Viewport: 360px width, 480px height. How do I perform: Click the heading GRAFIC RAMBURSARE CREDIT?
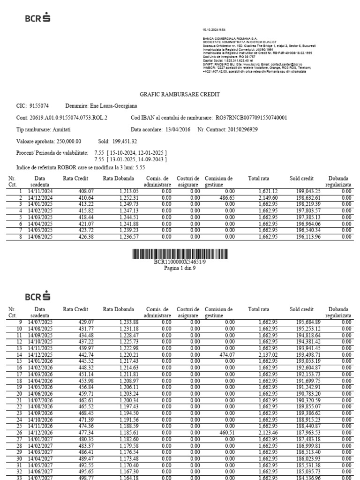pos(180,94)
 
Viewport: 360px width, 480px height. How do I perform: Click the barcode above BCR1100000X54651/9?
pos(180,255)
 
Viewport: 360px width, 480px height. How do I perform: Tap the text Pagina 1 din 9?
pos(180,269)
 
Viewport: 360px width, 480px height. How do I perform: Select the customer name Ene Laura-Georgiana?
pos(112,106)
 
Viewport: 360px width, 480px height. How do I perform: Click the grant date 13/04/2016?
pos(178,129)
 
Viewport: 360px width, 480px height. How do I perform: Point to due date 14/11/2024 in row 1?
pos(40,191)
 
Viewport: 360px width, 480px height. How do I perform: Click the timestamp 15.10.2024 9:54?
pos(214,30)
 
